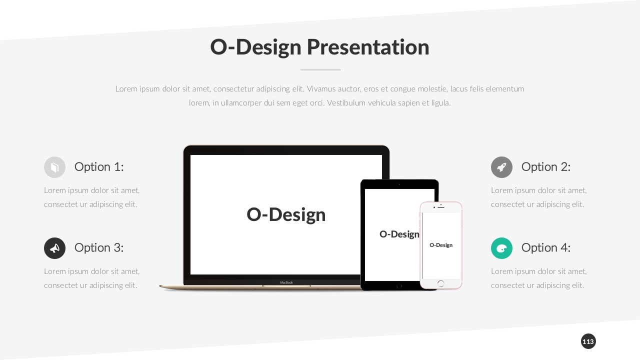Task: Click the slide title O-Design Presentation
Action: (x=319, y=47)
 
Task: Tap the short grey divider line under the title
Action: (x=320, y=69)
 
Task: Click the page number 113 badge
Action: (x=588, y=341)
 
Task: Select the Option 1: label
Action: (x=99, y=167)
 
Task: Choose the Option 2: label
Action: (x=545, y=167)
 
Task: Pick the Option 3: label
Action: (x=99, y=248)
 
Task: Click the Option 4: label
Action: (x=545, y=248)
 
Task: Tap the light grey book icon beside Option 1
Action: (x=54, y=167)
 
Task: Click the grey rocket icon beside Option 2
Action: (x=501, y=167)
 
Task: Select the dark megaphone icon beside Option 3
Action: (x=54, y=248)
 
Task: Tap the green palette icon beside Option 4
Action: (x=501, y=248)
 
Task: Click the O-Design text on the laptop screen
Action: (x=286, y=214)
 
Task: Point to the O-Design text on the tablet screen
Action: (x=399, y=234)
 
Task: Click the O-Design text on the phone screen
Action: (x=441, y=245)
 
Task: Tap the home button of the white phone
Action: (x=440, y=283)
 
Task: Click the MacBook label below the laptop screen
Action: (x=286, y=282)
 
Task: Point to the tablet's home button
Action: (x=399, y=286)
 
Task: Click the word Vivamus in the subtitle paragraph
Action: (x=321, y=89)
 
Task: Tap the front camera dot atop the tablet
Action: (x=399, y=184)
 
